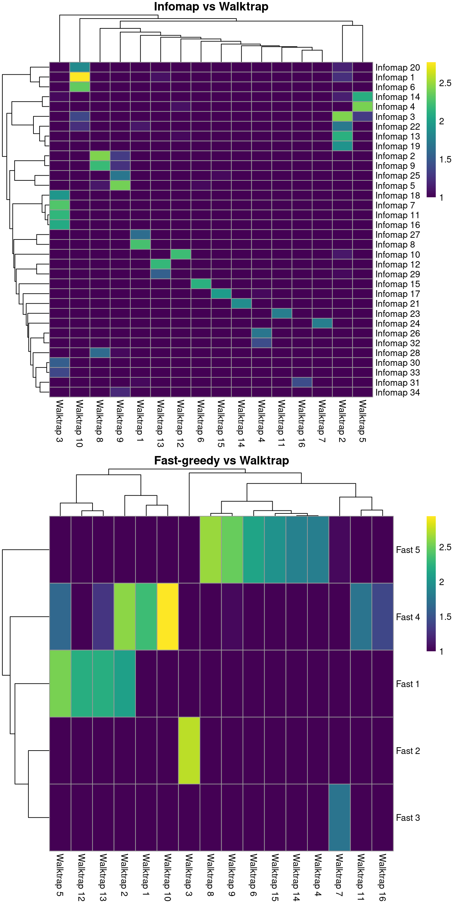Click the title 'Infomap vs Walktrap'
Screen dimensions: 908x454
pyautogui.click(x=211, y=7)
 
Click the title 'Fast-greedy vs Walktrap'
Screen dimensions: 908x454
pyautogui.click(x=221, y=460)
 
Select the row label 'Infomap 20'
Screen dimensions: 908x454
pyautogui.click(x=397, y=67)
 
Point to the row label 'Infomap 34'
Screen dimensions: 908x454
pyautogui.click(x=397, y=392)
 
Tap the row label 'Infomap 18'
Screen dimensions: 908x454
pyautogui.click(x=397, y=196)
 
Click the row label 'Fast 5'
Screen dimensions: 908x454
pyautogui.click(x=407, y=550)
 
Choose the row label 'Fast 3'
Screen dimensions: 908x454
pyautogui.click(x=407, y=818)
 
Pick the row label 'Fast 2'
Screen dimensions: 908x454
pyautogui.click(x=407, y=751)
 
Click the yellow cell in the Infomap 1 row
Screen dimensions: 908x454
pyautogui.click(x=80, y=77)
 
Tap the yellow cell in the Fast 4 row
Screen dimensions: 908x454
pyautogui.click(x=168, y=616)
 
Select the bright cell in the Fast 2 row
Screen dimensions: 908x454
pyautogui.click(x=189, y=751)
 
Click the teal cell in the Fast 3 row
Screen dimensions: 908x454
pyautogui.click(x=339, y=817)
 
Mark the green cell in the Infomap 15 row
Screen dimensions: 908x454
pyautogui.click(x=201, y=284)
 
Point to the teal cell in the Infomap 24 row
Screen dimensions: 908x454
pyautogui.click(x=322, y=323)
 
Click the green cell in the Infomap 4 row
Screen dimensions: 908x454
pyautogui.click(x=362, y=106)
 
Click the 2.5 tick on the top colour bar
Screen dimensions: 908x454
pyautogui.click(x=445, y=83)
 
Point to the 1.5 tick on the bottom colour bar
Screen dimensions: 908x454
pyautogui.click(x=445, y=617)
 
